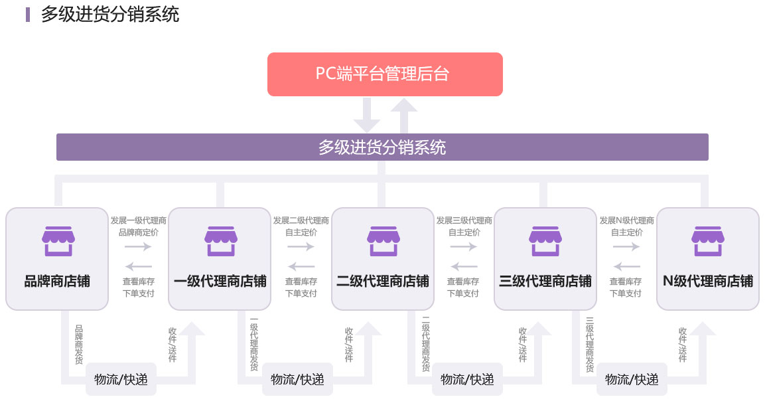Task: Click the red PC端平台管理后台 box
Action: click(385, 74)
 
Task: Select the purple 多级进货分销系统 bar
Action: click(382, 147)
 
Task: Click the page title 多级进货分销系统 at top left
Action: click(110, 15)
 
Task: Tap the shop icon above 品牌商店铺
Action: click(57, 240)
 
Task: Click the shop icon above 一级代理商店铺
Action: click(220, 240)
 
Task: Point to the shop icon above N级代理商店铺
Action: click(707, 240)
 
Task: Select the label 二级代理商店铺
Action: click(382, 281)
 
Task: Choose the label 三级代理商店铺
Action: click(545, 281)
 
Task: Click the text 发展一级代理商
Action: click(139, 220)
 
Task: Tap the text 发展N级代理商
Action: click(626, 220)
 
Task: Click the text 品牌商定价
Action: click(139, 232)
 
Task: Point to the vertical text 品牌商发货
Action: click(78, 345)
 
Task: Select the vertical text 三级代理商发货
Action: click(589, 345)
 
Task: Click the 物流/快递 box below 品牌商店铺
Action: click(121, 379)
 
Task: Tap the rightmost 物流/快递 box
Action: click(632, 379)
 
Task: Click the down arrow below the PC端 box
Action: click(366, 116)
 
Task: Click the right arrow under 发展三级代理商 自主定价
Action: click(464, 247)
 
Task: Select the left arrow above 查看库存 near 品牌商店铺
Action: click(139, 266)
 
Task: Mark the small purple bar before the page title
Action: click(28, 15)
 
